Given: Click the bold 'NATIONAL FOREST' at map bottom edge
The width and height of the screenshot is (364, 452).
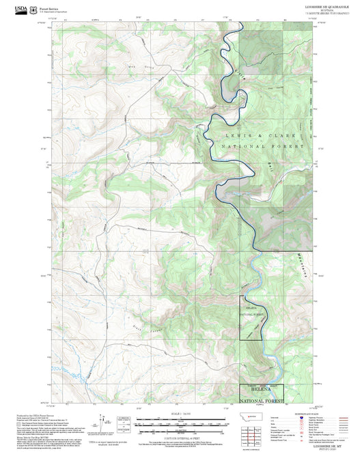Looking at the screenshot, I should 261,400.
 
